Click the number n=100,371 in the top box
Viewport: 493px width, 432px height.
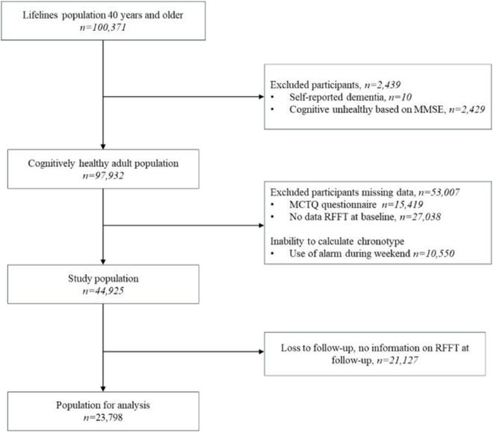click(103, 27)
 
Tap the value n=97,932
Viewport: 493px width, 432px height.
click(103, 175)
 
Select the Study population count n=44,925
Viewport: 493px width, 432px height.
click(103, 291)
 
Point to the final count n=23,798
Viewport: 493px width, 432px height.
click(103, 418)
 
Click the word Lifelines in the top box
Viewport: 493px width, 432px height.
click(40, 15)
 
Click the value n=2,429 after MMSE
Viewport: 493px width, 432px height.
click(467, 109)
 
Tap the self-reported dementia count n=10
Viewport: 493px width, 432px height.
click(400, 97)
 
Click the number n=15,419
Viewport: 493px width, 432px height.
click(402, 204)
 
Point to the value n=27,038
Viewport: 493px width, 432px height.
click(420, 217)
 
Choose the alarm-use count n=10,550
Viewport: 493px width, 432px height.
click(434, 253)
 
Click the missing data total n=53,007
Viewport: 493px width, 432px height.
click(439, 192)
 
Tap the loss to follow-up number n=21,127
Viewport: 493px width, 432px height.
click(397, 360)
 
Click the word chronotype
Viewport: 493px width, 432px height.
click(381, 241)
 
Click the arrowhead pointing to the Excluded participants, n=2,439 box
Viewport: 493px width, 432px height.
click(261, 97)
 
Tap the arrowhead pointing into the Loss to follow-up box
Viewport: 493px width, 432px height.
click(261, 351)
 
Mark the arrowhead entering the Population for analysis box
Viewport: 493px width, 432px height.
click(103, 389)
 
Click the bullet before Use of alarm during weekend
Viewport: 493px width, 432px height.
click(273, 253)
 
